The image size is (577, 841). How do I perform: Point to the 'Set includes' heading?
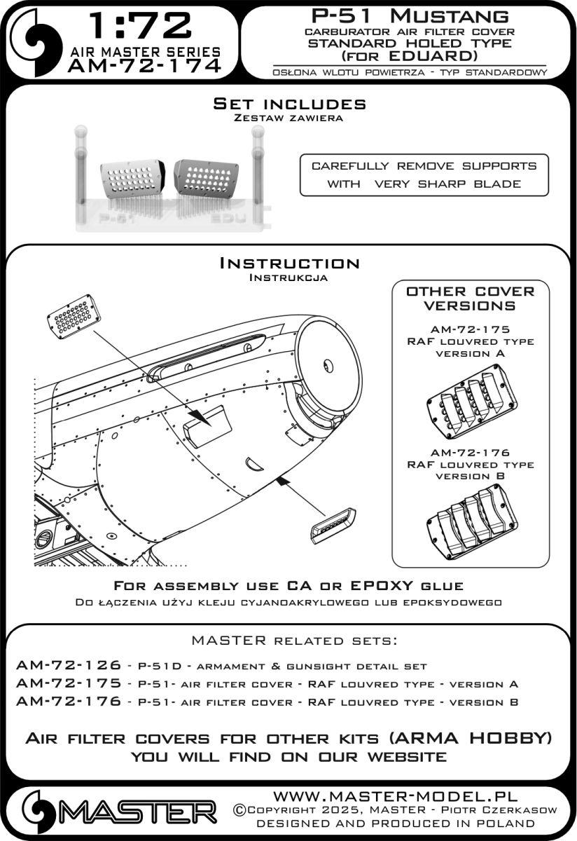tap(289, 104)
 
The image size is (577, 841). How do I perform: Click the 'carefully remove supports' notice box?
tap(424, 175)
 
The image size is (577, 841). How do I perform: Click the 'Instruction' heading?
tap(289, 264)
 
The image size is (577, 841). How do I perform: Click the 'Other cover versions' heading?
tap(471, 298)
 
